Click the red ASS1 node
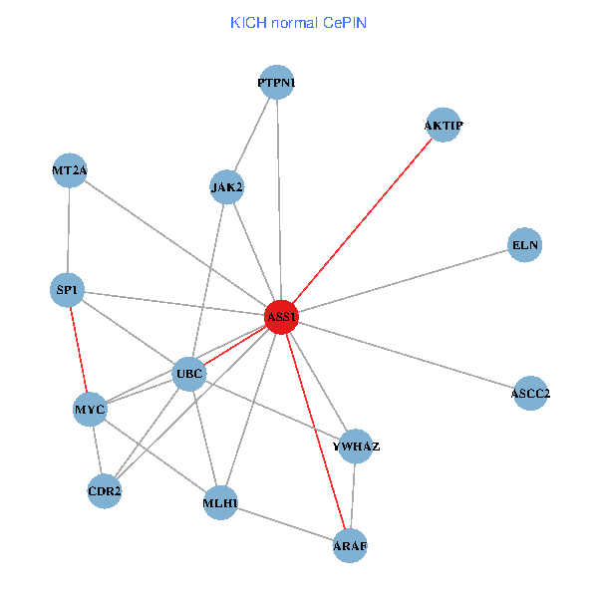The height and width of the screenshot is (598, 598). click(x=281, y=317)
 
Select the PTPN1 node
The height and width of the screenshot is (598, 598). click(x=276, y=83)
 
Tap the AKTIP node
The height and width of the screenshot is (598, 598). click(x=443, y=126)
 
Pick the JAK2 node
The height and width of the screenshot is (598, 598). click(x=227, y=186)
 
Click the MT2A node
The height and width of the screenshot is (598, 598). click(x=70, y=171)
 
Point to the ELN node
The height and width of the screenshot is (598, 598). click(x=524, y=244)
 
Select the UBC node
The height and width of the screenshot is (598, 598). click(x=189, y=375)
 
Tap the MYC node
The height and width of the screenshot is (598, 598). click(x=90, y=409)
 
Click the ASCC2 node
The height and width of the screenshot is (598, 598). click(x=530, y=394)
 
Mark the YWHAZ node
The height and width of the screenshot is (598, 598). click(x=356, y=446)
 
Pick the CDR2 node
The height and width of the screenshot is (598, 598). click(x=105, y=491)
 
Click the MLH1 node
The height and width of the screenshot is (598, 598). click(x=220, y=503)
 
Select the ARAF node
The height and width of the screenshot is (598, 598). click(x=350, y=545)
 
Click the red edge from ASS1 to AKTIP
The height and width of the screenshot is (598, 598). click(x=362, y=221)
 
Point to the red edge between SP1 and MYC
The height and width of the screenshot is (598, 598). click(x=79, y=350)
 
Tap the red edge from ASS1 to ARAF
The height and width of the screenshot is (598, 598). click(x=315, y=431)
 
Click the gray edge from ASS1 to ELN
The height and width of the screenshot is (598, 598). click(x=403, y=280)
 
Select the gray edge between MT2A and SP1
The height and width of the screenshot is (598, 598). click(x=69, y=230)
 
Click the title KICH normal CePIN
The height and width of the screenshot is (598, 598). click(x=298, y=22)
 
